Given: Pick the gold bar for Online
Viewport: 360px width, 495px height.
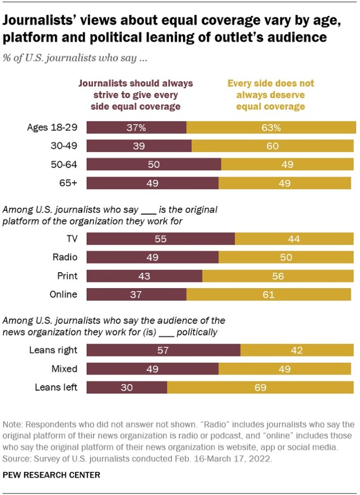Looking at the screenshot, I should point(269,294).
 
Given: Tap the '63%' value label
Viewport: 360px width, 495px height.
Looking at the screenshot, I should point(270,128).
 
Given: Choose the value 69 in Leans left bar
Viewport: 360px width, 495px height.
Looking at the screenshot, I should point(259,387).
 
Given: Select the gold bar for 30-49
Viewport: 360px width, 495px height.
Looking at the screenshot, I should point(272,146).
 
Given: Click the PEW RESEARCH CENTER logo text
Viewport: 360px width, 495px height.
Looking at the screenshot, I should point(51,475).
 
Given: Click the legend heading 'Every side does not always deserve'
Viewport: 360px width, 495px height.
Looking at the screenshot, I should point(270,95).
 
